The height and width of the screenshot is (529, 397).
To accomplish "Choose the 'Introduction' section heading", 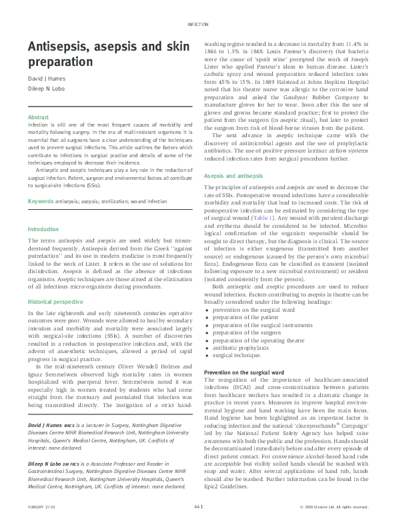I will (43, 229).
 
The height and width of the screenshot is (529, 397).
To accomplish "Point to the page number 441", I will (198, 508).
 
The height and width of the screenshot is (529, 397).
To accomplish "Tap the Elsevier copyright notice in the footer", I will (334, 508).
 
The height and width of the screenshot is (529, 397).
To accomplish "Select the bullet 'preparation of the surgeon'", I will (246, 331).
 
